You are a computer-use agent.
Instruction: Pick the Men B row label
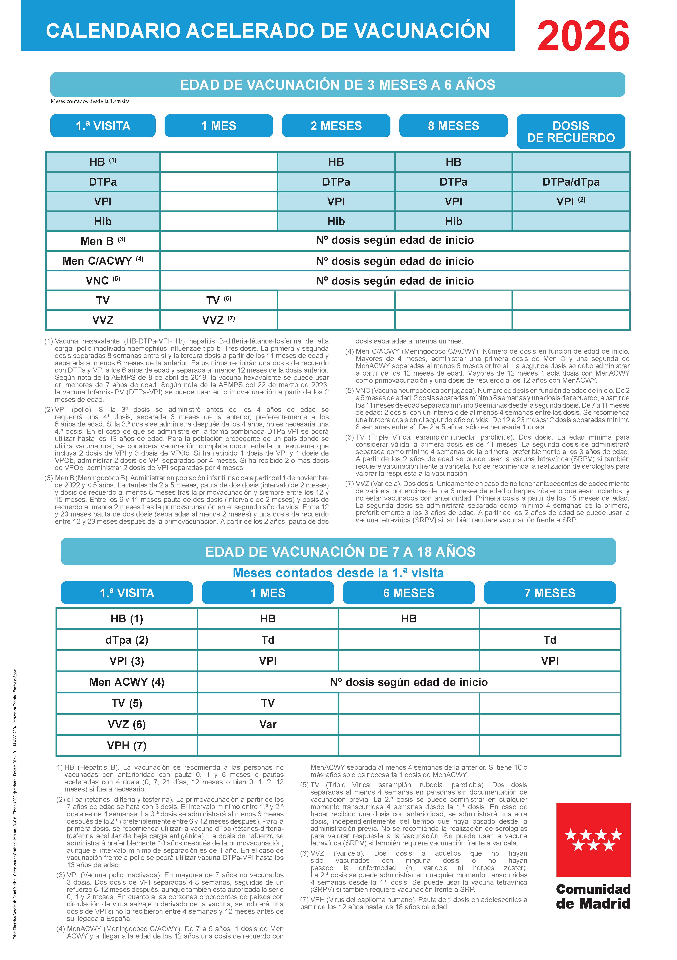pyautogui.click(x=103, y=241)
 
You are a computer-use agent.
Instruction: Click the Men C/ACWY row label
pyautogui.click(x=103, y=261)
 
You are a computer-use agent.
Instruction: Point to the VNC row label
pyautogui.click(x=103, y=281)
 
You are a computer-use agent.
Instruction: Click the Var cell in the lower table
pyautogui.click(x=268, y=725)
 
